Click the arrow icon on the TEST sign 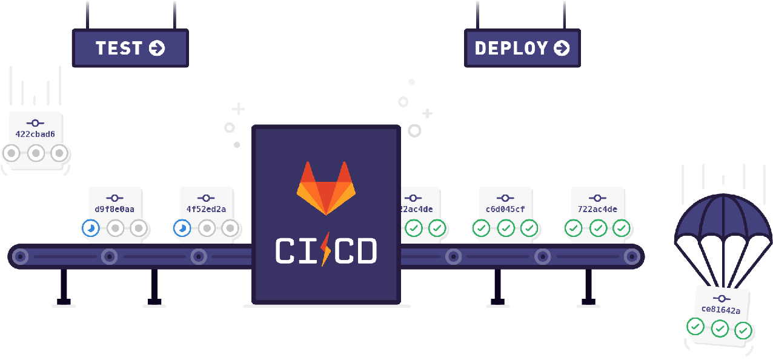[x=156, y=48]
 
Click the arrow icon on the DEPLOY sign [x=562, y=48]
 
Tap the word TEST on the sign [x=119, y=48]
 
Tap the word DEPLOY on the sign [x=511, y=48]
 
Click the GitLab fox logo [x=325, y=187]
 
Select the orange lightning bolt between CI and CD [x=326, y=250]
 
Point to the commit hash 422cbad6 [x=35, y=134]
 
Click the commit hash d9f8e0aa [x=114, y=209]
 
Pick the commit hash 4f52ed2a [x=206, y=209]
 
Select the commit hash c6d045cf [x=505, y=209]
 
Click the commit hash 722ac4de [x=597, y=209]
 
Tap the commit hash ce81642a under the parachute [x=721, y=310]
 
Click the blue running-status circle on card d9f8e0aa [x=90, y=228]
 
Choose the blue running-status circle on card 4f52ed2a [x=181, y=228]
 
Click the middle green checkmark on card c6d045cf [x=505, y=228]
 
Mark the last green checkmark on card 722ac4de [x=622, y=228]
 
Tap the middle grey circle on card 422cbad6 [x=35, y=153]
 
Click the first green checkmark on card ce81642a [x=695, y=327]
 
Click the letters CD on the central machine [x=356, y=251]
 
